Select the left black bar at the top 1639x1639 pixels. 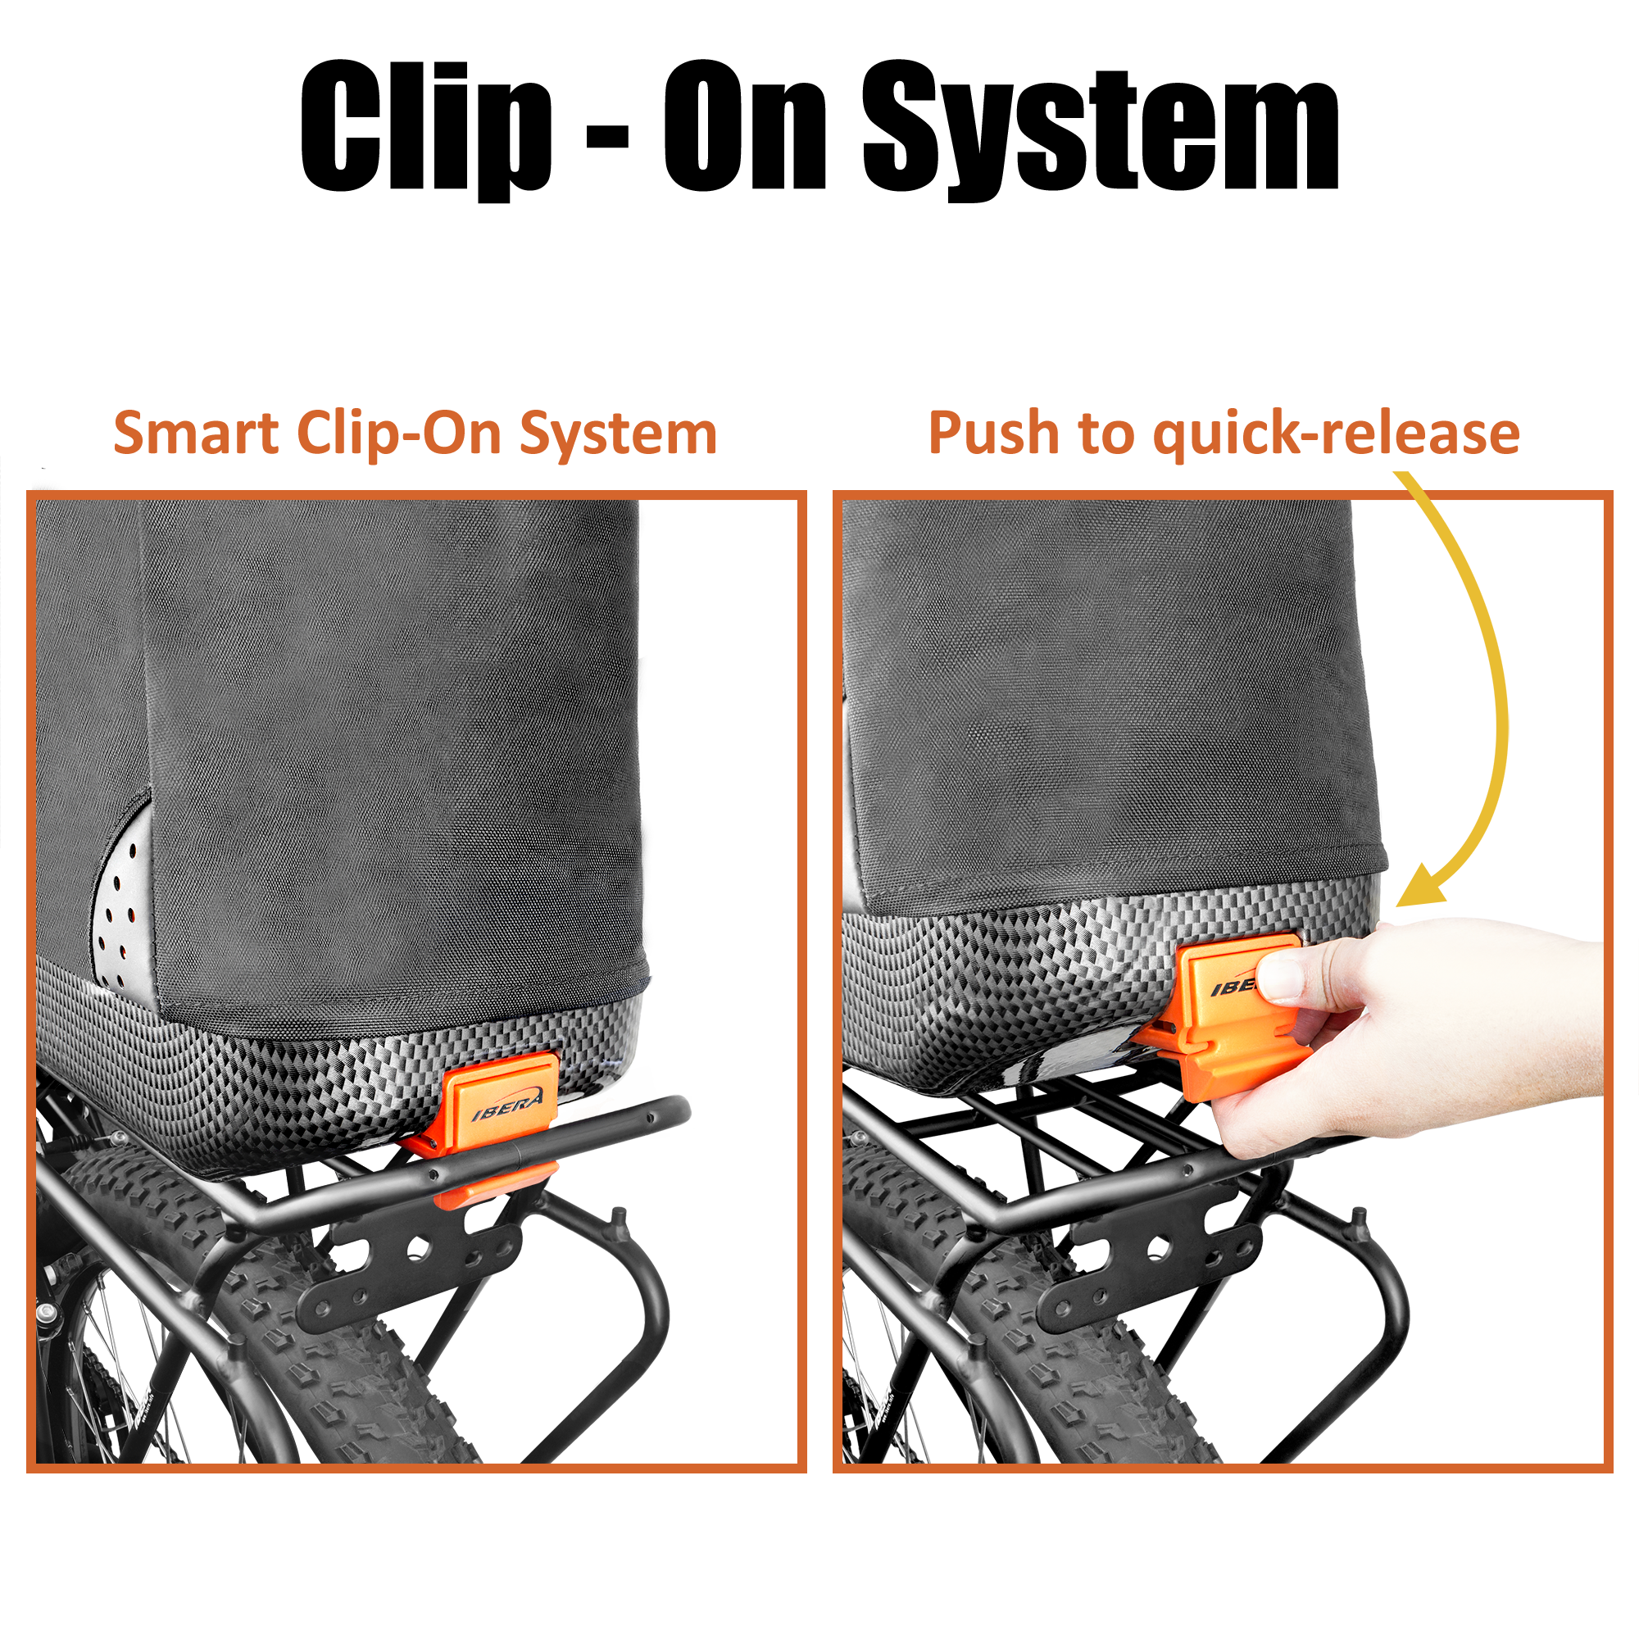coord(563,131)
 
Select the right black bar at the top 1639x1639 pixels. coord(1101,131)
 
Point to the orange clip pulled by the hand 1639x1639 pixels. coord(1222,1043)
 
